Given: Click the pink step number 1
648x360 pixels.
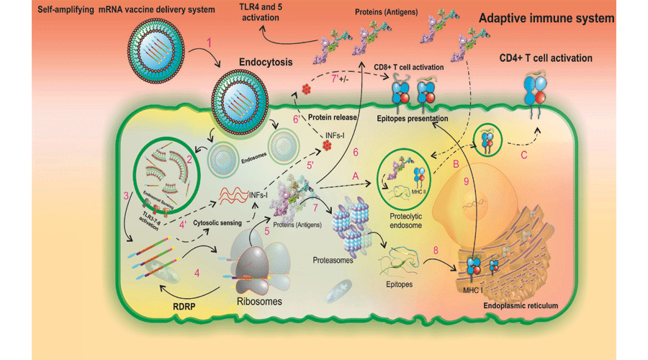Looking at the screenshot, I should tap(210, 42).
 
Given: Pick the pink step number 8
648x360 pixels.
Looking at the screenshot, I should tap(435, 250).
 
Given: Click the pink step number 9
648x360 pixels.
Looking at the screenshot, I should tap(467, 181).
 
